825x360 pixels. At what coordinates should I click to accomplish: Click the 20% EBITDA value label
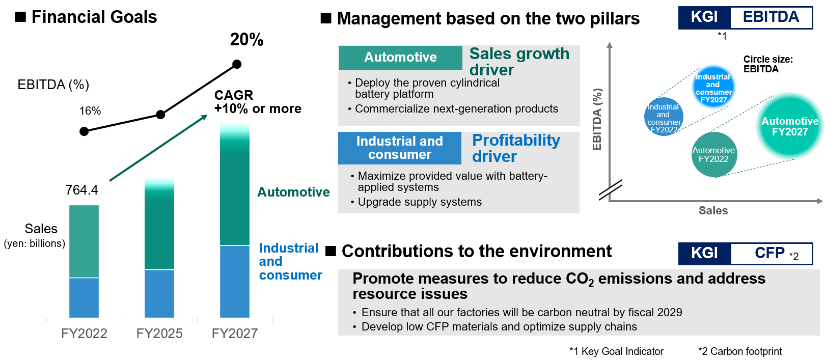coord(246,40)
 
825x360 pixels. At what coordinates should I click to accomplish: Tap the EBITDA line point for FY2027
coord(237,64)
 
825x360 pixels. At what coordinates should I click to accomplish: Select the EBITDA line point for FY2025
coord(160,115)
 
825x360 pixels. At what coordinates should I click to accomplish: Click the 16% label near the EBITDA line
coord(90,111)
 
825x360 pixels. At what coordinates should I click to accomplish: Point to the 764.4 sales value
coord(81,190)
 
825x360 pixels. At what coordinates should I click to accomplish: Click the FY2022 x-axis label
coord(84,334)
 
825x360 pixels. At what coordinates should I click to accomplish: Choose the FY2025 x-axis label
coord(159,334)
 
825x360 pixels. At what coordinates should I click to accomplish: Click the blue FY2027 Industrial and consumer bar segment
coord(235,281)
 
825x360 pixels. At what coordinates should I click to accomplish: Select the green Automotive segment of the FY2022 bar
coord(84,241)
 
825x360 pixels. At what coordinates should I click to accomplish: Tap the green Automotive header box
coord(400,58)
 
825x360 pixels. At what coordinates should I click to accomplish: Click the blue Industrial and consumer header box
coord(400,148)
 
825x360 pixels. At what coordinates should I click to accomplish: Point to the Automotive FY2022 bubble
coord(714,155)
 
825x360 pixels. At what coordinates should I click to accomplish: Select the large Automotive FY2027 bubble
coord(790,126)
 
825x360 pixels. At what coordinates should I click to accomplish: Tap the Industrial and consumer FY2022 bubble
coord(664,117)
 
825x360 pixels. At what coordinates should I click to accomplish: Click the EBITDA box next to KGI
coord(771,17)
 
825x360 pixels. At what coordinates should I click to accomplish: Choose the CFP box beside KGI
coord(771,254)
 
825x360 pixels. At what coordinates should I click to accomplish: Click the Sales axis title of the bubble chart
coord(713,211)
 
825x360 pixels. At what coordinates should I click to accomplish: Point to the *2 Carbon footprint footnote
coord(740,351)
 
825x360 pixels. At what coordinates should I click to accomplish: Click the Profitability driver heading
coord(516,148)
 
